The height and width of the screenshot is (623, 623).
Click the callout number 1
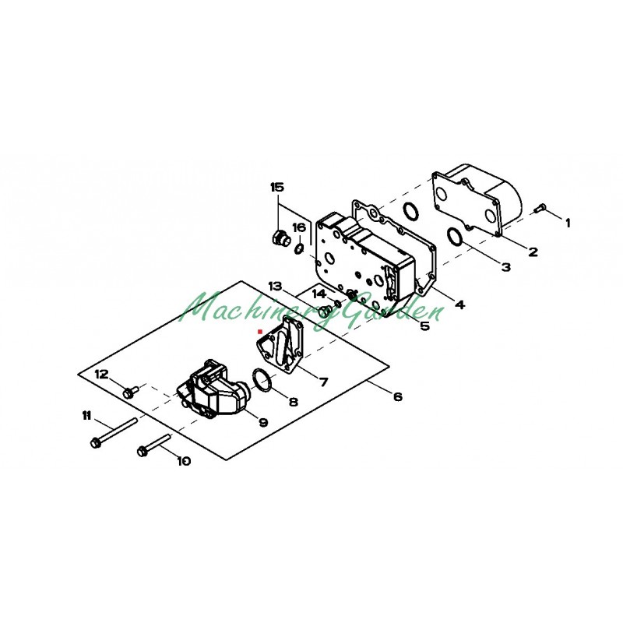point(568,223)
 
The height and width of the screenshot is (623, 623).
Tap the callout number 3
point(505,267)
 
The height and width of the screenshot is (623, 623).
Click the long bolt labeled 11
point(113,432)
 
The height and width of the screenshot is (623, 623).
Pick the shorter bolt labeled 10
point(154,444)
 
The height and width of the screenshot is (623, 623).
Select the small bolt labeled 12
point(130,391)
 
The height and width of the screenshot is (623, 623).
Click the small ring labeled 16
point(299,248)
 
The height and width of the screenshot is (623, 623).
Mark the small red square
point(260,331)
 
